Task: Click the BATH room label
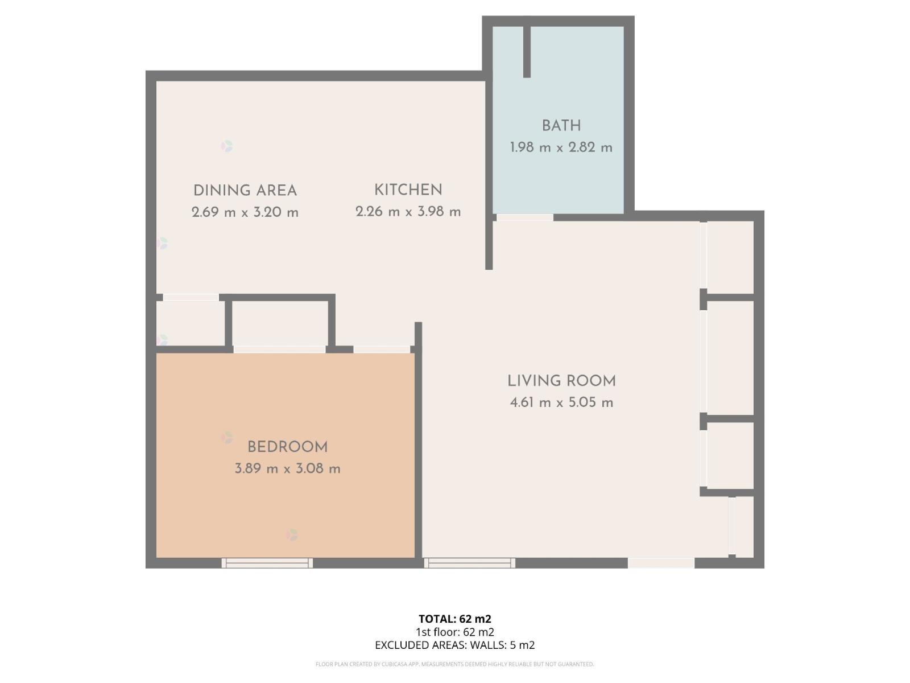point(561,126)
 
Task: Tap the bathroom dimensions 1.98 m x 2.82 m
point(561,147)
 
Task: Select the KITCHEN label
point(408,190)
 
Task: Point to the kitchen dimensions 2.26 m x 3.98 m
point(408,212)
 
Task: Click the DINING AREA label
point(245,191)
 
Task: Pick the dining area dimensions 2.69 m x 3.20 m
point(245,212)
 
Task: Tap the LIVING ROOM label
point(561,381)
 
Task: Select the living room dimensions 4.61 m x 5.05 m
point(561,402)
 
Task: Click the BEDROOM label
point(287,447)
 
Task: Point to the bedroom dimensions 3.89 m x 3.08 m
point(287,468)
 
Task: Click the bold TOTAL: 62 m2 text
point(455,619)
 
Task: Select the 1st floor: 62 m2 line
point(455,632)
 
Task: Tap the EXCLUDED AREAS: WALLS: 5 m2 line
point(455,645)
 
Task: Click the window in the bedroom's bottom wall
point(267,563)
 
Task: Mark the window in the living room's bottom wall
point(469,563)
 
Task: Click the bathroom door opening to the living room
point(524,217)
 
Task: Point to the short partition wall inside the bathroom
point(527,51)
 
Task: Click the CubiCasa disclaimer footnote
point(455,664)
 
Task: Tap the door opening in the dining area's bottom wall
point(191,297)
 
